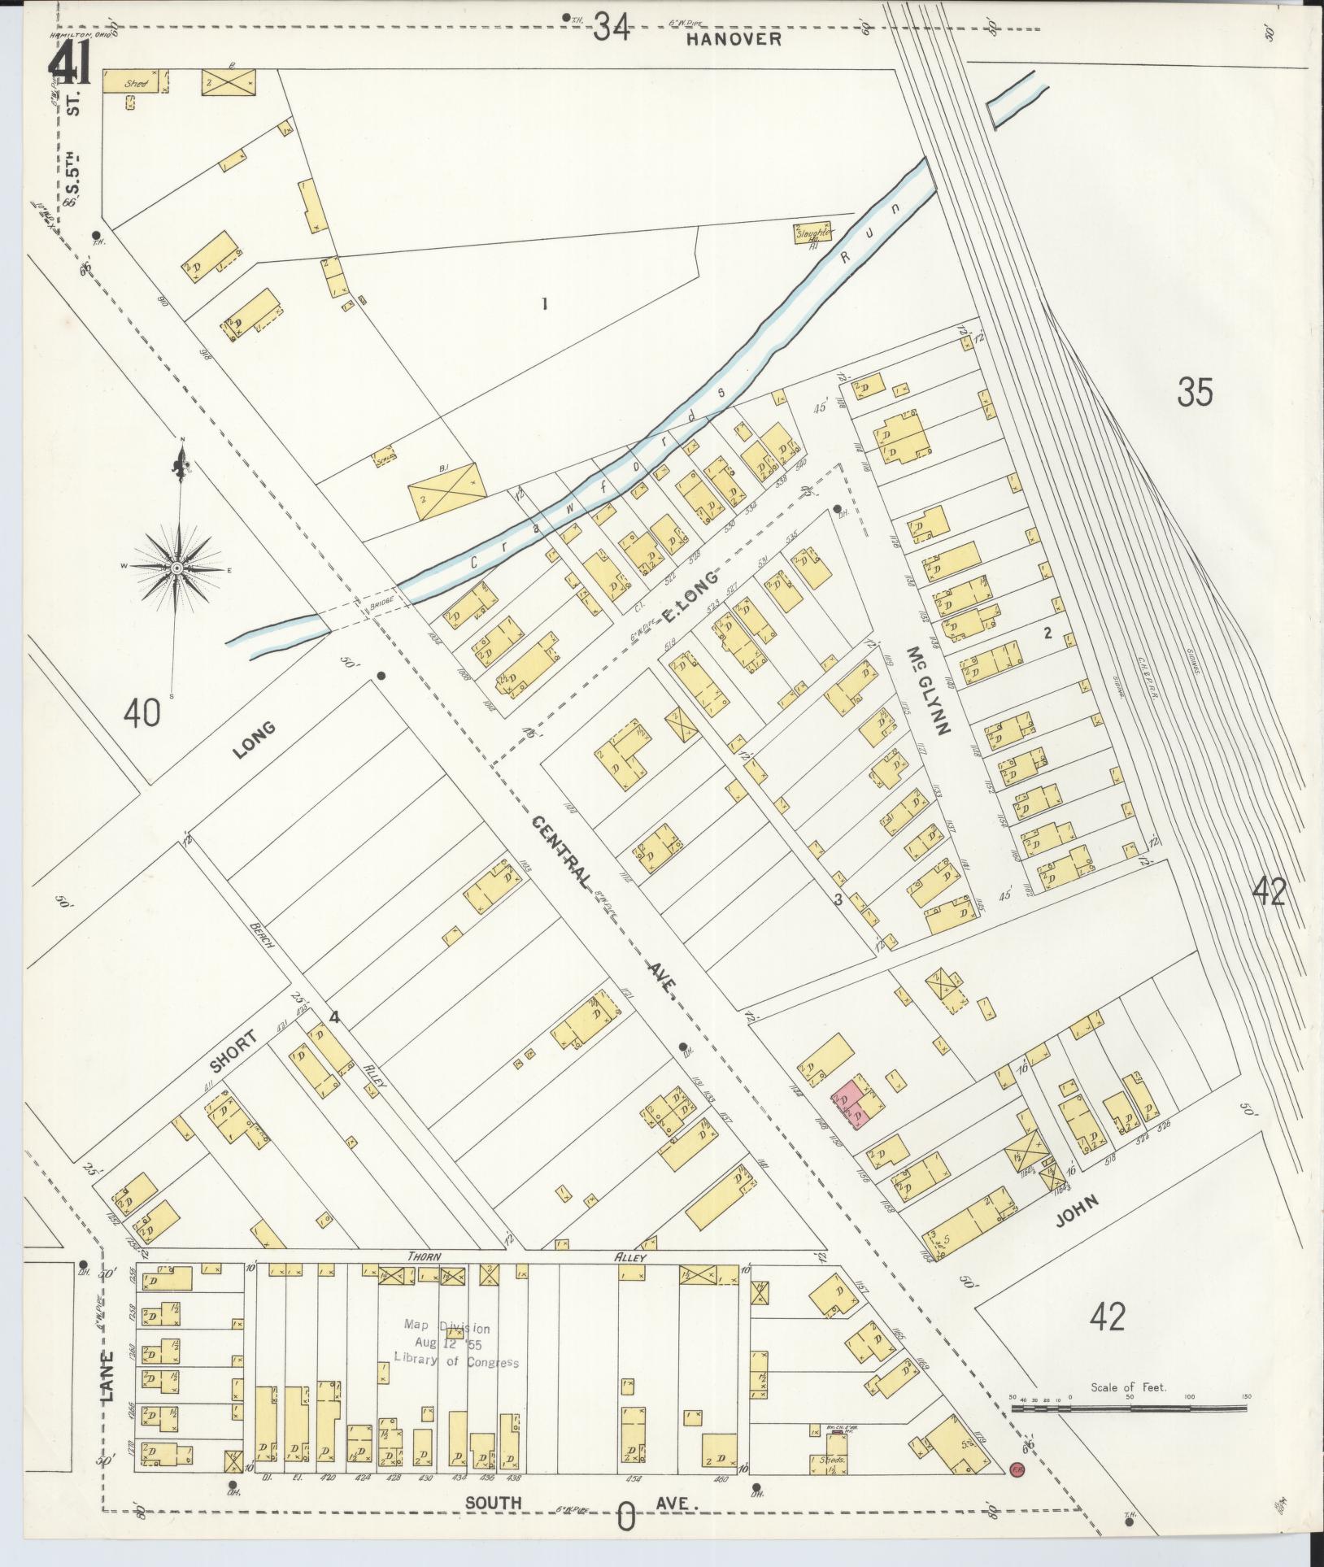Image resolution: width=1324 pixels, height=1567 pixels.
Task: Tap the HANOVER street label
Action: [x=733, y=38]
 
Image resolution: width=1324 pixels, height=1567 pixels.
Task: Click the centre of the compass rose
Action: [x=176, y=567]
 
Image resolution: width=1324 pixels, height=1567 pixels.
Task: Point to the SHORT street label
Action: [x=234, y=1052]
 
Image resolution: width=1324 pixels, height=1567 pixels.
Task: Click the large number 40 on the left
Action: [x=143, y=713]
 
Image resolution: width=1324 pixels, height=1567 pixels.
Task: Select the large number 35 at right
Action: [x=1195, y=392]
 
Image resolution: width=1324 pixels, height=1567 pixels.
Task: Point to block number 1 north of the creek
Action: [x=545, y=304]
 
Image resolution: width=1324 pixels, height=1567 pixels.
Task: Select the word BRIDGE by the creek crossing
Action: [x=382, y=599]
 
